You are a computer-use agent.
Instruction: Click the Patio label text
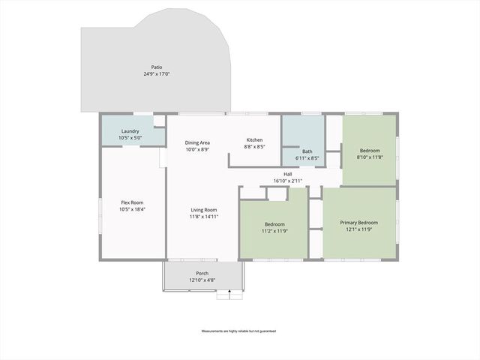point(156,67)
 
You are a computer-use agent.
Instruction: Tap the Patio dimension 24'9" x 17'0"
point(156,74)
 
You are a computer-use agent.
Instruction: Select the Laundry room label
point(130,130)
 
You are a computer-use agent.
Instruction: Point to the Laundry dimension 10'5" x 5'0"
point(130,138)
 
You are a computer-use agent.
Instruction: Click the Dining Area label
point(197,142)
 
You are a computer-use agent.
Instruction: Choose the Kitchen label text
point(254,140)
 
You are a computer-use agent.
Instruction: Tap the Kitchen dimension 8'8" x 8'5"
point(254,147)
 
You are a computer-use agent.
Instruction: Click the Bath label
point(307,151)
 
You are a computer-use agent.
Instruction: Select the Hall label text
point(288,174)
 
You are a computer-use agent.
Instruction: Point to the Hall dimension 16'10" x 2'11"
point(288,181)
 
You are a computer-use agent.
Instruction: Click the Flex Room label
point(132,202)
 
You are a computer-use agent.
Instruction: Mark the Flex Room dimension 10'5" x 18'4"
point(132,209)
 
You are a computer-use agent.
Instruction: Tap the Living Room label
point(203,209)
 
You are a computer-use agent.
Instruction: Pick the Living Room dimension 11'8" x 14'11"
point(203,217)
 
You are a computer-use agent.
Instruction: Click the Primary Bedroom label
point(358,223)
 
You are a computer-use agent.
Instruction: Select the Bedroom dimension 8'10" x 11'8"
point(370,157)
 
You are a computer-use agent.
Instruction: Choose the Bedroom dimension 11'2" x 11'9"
point(274,232)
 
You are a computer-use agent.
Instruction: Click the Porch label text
point(202,273)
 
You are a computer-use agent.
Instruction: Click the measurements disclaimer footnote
point(239,331)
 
